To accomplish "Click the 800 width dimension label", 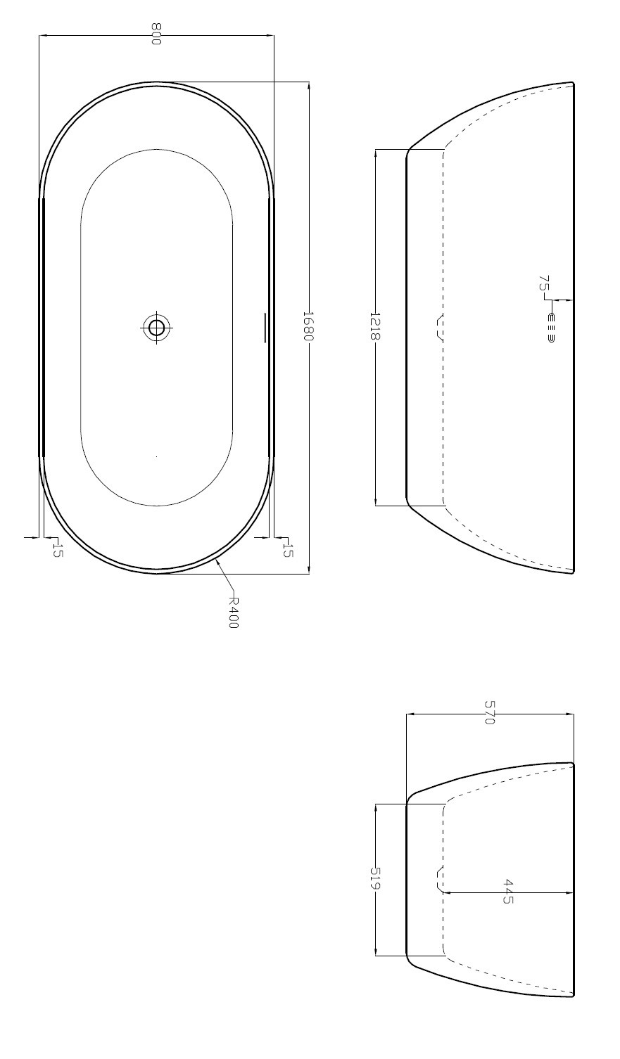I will [x=156, y=34].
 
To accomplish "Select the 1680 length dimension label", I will [x=308, y=326].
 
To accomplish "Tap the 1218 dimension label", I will [x=374, y=326].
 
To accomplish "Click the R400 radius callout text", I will [x=234, y=612].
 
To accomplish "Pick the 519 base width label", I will [x=374, y=878].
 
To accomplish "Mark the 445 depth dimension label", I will [x=508, y=891].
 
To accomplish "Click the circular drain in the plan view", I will [x=156, y=327].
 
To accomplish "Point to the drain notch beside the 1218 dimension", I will [x=440, y=327].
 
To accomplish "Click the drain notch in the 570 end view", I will [x=440, y=879].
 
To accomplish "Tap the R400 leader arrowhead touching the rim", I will [x=217, y=561].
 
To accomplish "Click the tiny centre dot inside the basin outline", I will [x=156, y=457].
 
